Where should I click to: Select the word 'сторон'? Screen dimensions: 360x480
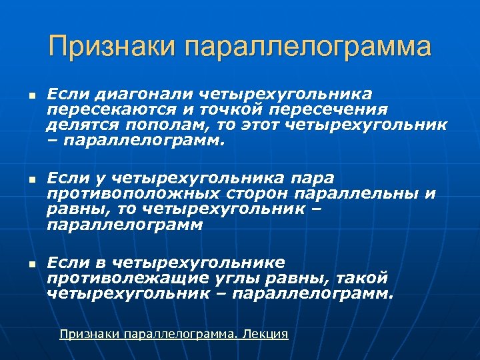pos(235,193)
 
